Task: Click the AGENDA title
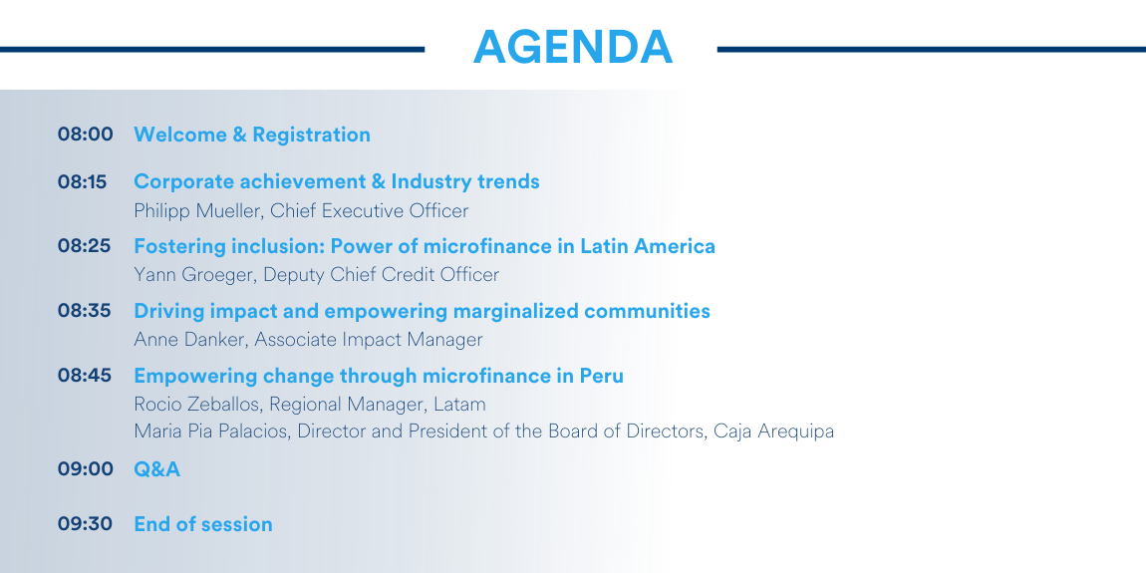[572, 48]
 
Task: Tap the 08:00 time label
[86, 135]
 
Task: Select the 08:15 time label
[83, 181]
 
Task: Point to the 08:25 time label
[85, 246]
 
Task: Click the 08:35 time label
[85, 311]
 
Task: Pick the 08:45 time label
[85, 376]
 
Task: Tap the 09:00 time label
[86, 469]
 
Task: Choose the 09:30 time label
[86, 524]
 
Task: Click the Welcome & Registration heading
[252, 136]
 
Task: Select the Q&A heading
[157, 469]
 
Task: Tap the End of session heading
[203, 524]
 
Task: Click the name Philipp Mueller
[197, 211]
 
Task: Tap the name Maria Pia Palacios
[211, 431]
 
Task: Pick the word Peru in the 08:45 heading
[602, 376]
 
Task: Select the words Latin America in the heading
[648, 246]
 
